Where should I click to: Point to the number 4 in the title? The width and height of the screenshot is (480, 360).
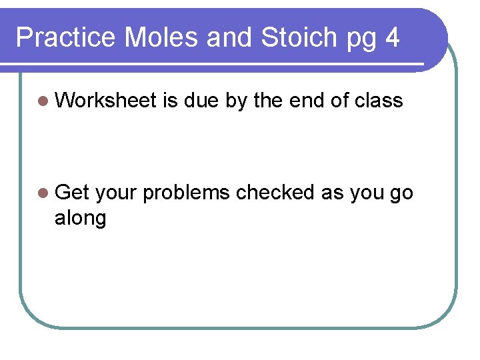(392, 37)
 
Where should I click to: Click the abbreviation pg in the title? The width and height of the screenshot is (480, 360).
(361, 40)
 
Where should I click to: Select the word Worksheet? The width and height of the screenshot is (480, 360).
(106, 101)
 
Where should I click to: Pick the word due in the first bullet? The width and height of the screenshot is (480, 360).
(201, 101)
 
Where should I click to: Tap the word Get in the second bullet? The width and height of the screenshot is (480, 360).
(73, 193)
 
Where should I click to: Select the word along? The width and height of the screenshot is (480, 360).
(80, 217)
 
